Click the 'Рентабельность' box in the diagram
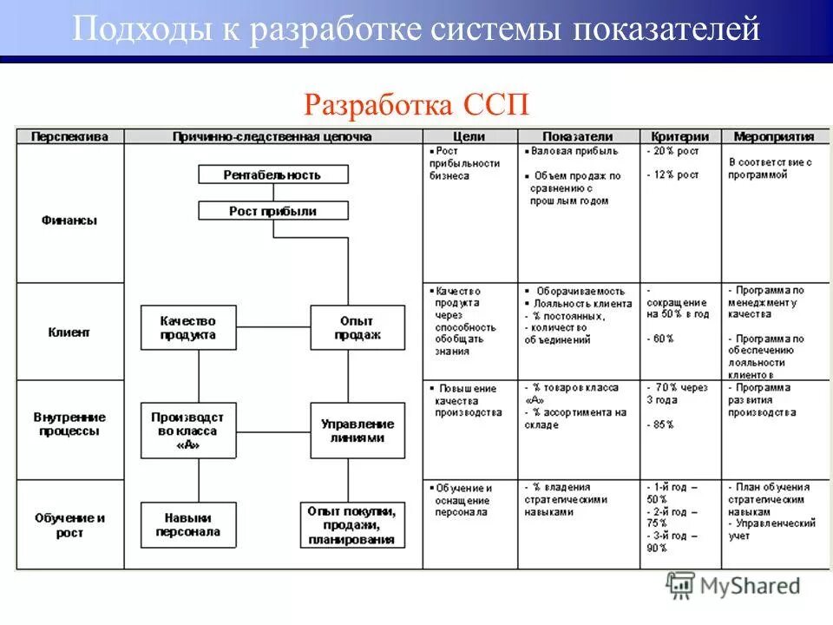(272, 174)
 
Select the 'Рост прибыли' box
(272, 211)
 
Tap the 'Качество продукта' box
(188, 327)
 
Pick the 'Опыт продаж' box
(357, 327)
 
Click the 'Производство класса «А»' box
(188, 431)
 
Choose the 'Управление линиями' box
(357, 431)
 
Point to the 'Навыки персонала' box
(188, 524)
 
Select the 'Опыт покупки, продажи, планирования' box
(352, 524)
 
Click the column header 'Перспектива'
(70, 136)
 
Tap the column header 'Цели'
(469, 136)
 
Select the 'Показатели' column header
(578, 136)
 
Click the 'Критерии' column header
(680, 136)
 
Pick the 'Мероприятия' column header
(773, 136)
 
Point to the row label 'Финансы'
(69, 220)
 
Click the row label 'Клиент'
(69, 332)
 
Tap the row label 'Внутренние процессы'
(69, 424)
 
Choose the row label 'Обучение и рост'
(69, 525)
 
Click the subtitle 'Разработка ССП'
(416, 106)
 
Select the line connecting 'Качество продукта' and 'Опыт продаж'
(273, 327)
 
